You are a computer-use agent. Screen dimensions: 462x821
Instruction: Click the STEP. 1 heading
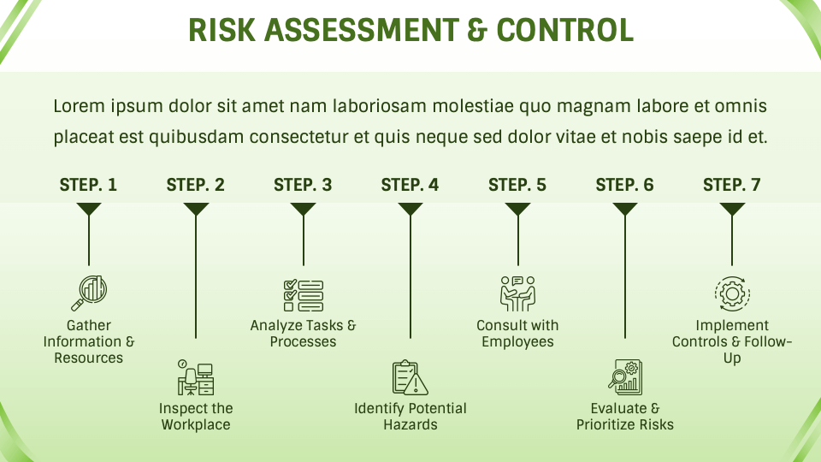pyautogui.click(x=88, y=185)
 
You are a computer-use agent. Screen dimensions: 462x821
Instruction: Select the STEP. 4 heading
pyautogui.click(x=410, y=185)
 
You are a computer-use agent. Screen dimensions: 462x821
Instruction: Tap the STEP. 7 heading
pyautogui.click(x=731, y=185)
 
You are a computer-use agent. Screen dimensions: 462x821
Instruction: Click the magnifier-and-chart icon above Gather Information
pyautogui.click(x=88, y=293)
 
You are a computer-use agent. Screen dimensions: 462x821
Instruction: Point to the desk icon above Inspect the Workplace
pyautogui.click(x=196, y=376)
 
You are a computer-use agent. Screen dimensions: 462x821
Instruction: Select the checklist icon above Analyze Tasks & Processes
pyautogui.click(x=303, y=294)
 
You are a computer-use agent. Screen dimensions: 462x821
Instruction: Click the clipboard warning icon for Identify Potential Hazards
pyautogui.click(x=410, y=377)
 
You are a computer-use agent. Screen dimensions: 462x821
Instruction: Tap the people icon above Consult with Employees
pyautogui.click(x=517, y=293)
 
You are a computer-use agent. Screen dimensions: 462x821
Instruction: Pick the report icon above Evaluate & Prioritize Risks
pyautogui.click(x=625, y=377)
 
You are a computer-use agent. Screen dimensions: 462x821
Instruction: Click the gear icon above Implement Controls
pyautogui.click(x=732, y=293)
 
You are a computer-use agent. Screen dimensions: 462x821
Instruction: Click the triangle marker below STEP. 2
pyautogui.click(x=196, y=209)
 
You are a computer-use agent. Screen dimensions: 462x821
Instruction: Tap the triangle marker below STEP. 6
pyautogui.click(x=625, y=209)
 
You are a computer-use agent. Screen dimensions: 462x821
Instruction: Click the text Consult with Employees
pyautogui.click(x=517, y=334)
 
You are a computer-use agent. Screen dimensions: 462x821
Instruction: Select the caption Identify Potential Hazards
pyautogui.click(x=410, y=417)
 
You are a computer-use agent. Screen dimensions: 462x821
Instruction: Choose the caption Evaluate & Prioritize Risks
pyautogui.click(x=625, y=417)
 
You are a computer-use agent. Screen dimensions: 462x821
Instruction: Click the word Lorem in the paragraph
pyautogui.click(x=78, y=107)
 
